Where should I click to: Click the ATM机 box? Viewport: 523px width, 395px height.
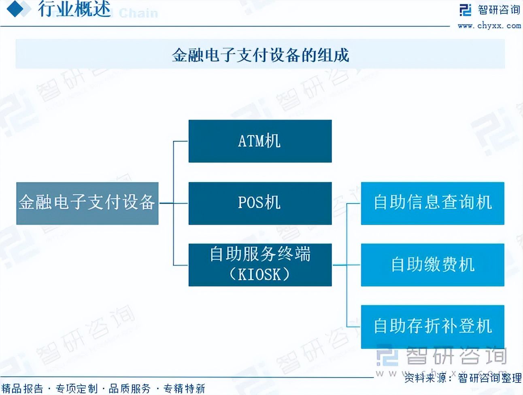pyautogui.click(x=260, y=141)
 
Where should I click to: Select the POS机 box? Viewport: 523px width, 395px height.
pyautogui.click(x=260, y=203)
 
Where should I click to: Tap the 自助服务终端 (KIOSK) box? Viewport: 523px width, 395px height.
pyautogui.click(x=260, y=265)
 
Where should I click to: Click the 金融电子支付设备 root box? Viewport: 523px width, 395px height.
pyautogui.click(x=87, y=203)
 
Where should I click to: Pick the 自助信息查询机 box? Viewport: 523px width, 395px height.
pyautogui.click(x=432, y=203)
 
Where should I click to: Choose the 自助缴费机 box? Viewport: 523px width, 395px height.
pyautogui.click(x=432, y=265)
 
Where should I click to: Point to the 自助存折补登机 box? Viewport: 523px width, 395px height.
pyautogui.click(x=432, y=326)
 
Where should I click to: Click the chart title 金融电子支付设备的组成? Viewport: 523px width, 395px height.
pyautogui.click(x=260, y=55)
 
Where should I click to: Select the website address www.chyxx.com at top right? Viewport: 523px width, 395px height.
pyautogui.click(x=489, y=26)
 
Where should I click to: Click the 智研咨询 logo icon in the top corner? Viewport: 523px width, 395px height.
pyautogui.click(x=466, y=10)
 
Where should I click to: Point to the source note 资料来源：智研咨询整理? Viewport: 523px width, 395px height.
pyautogui.click(x=463, y=378)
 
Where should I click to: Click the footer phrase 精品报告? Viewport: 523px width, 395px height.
pyautogui.click(x=22, y=389)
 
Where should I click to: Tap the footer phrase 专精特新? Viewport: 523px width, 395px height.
pyautogui.click(x=184, y=389)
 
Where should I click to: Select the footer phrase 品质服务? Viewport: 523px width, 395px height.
pyautogui.click(x=130, y=389)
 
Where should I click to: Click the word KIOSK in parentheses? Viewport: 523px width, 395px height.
pyautogui.click(x=259, y=275)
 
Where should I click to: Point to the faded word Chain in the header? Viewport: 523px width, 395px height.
pyautogui.click(x=138, y=13)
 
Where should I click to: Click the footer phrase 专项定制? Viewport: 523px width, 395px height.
pyautogui.click(x=77, y=389)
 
